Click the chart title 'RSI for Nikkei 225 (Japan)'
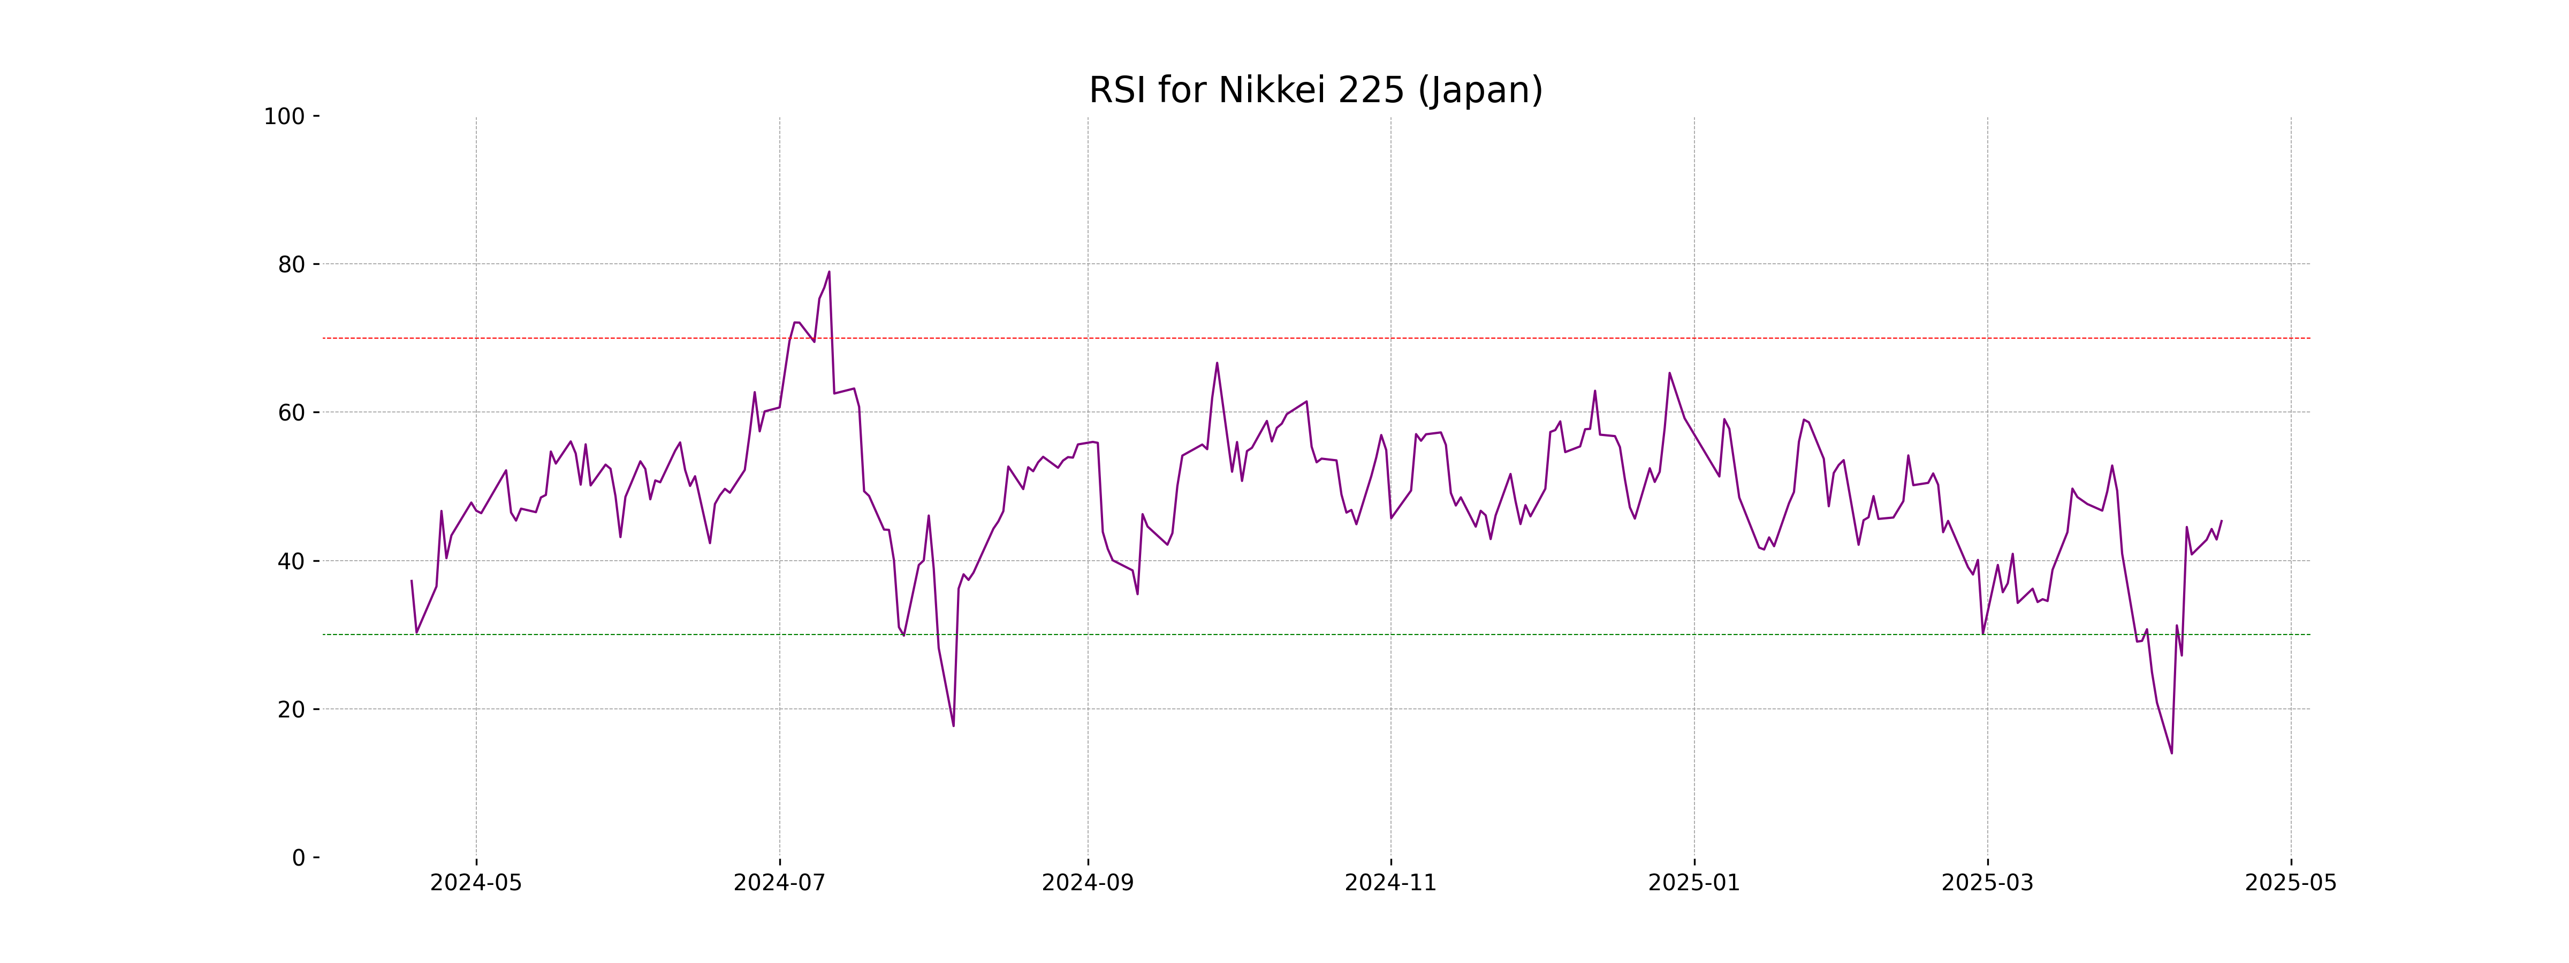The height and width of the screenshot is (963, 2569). tap(1316, 91)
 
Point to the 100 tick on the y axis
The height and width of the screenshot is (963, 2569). tap(284, 117)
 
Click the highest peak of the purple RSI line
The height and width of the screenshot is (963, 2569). tap(829, 272)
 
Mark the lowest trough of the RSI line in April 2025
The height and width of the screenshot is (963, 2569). tap(2171, 753)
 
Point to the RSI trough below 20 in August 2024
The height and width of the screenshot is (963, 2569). tap(953, 725)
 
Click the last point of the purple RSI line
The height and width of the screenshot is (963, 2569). tap(2221, 521)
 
